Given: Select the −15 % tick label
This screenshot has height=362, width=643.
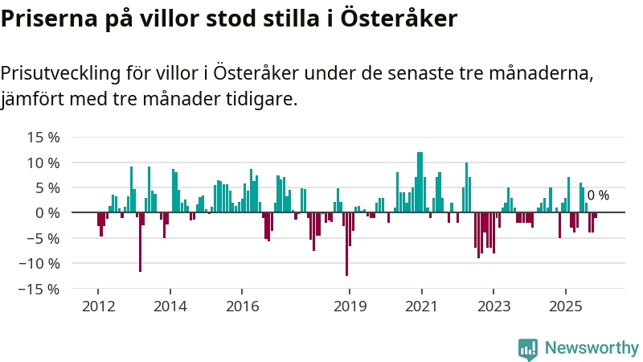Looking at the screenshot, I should [40, 288].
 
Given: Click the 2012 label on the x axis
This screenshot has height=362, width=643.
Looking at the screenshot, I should [97, 306].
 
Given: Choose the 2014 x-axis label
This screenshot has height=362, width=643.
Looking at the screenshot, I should [170, 306].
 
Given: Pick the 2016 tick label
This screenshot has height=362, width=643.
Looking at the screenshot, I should [242, 306].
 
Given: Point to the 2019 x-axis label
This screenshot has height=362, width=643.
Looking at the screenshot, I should [350, 306].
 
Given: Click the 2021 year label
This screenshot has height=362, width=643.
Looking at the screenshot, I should [421, 306].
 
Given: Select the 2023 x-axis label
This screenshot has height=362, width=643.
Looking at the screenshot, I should [494, 306].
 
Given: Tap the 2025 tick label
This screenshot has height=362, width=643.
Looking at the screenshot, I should [565, 306].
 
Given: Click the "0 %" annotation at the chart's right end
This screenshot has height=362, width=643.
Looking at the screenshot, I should [598, 195].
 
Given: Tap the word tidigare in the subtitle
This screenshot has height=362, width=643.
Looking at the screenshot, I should [262, 100].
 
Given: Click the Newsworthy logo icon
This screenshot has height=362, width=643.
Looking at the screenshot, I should [528, 348].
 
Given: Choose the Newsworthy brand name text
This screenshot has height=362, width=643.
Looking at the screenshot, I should [592, 348].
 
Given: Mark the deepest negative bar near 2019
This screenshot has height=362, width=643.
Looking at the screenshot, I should [346, 245].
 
